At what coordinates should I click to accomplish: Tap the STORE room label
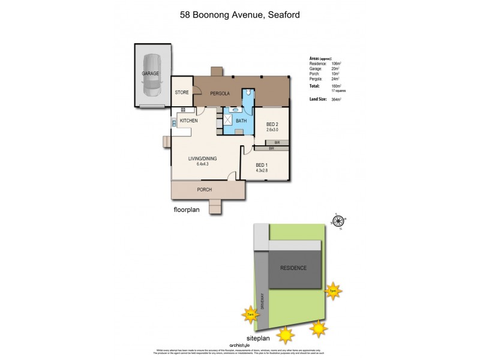click(182, 93)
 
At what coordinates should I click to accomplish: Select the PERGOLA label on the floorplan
click(220, 94)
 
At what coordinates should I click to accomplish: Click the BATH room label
click(241, 121)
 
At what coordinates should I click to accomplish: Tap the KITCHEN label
click(188, 121)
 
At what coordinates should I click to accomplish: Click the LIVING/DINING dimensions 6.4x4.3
click(202, 164)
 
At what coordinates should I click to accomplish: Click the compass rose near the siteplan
click(337, 221)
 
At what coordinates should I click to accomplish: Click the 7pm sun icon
click(333, 291)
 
